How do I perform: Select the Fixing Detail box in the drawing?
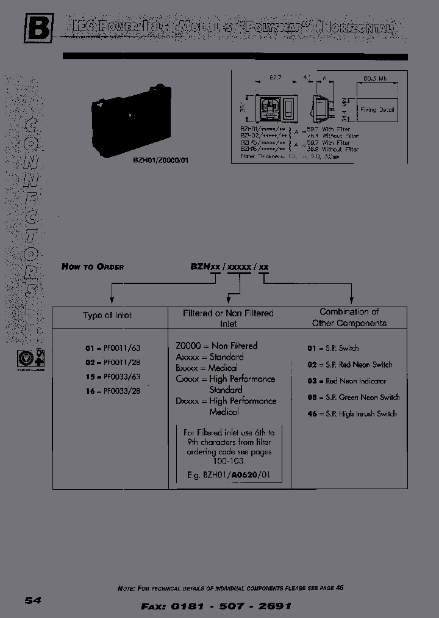pyautogui.click(x=378, y=111)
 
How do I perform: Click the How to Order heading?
pyautogui.click(x=93, y=267)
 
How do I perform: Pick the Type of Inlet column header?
pyautogui.click(x=107, y=316)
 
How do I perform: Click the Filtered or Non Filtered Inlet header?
pyautogui.click(x=229, y=318)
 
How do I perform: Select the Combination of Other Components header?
pyautogui.click(x=349, y=318)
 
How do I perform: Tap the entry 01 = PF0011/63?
pyautogui.click(x=113, y=349)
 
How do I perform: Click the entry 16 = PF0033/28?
pyautogui.click(x=113, y=391)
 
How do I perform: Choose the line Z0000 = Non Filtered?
pyautogui.click(x=216, y=346)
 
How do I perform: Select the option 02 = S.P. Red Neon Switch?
pyautogui.click(x=350, y=365)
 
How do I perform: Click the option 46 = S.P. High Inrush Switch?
pyautogui.click(x=352, y=414)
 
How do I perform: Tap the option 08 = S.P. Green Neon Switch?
pyautogui.click(x=354, y=398)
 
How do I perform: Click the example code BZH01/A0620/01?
pyautogui.click(x=229, y=474)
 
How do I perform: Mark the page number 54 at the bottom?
pyautogui.click(x=33, y=600)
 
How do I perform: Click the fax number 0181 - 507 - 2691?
pyautogui.click(x=216, y=606)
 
